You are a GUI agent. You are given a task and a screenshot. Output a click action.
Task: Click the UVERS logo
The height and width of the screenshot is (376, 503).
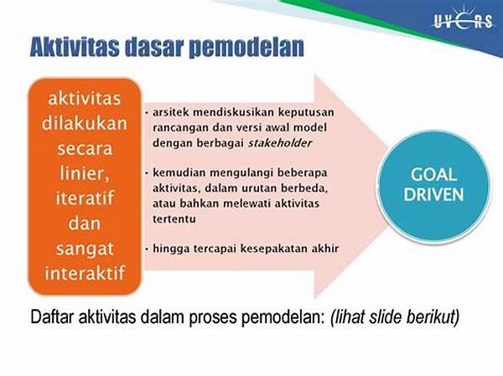coord(463,19)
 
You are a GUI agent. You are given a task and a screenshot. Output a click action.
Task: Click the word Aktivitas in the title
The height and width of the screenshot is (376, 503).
coord(75,48)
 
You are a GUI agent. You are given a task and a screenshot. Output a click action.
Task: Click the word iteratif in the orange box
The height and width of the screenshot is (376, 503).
coord(85,198)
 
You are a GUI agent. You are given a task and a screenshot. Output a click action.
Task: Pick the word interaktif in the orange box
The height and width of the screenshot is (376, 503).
coord(85,273)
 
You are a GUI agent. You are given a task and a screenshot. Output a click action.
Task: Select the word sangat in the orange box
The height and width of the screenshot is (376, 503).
coord(85,250)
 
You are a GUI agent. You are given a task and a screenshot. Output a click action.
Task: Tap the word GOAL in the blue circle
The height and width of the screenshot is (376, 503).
coord(433,175)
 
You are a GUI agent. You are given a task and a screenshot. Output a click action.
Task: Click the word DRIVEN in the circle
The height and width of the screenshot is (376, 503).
coord(433,194)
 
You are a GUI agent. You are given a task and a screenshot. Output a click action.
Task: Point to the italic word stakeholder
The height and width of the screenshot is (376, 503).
coord(280,143)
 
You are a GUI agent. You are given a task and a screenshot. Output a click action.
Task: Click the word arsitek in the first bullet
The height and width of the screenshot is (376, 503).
coord(170,112)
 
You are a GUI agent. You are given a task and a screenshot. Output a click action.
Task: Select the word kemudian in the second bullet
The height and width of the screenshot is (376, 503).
coord(179,173)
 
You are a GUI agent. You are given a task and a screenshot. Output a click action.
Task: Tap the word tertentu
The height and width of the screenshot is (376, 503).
coord(174,219)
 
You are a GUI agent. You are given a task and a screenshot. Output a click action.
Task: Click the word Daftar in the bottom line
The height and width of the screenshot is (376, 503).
coord(52,317)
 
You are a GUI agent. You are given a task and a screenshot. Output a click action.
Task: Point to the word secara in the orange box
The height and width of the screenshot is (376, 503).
coord(85,149)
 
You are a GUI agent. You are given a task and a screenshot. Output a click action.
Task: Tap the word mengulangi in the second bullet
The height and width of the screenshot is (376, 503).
coord(241,173)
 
